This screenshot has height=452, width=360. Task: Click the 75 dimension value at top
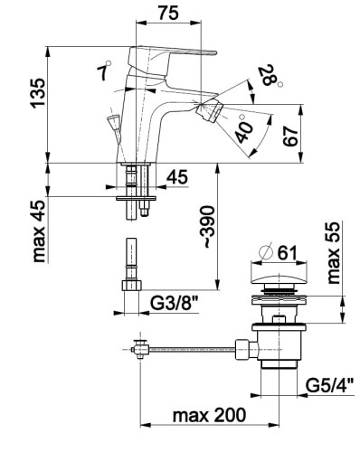click(168, 13)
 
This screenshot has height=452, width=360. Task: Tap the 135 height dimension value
click(38, 93)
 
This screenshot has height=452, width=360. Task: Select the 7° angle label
click(104, 71)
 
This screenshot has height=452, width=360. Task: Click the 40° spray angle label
click(243, 129)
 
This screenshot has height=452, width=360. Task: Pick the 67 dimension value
click(290, 137)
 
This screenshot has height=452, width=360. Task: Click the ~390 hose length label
click(209, 227)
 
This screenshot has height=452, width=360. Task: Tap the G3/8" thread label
click(175, 304)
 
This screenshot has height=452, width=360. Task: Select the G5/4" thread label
click(329, 385)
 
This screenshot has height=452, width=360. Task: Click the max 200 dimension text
click(209, 415)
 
